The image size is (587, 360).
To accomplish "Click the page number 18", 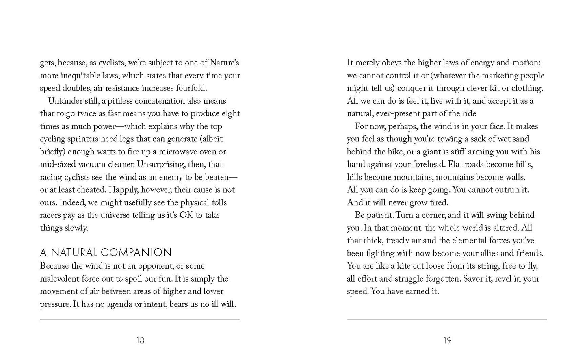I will point(140,340).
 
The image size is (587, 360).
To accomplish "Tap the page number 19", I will point(447,340).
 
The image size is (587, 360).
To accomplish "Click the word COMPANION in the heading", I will point(136,252).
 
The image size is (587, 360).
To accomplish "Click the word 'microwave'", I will point(182,152).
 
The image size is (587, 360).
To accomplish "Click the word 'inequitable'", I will point(87,76).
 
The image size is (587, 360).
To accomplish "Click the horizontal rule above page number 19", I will point(447,320).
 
